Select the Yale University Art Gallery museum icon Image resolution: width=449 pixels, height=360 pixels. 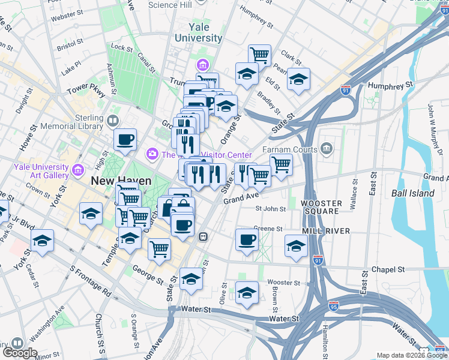click(77, 171)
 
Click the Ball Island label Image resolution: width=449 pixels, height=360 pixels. click(412, 193)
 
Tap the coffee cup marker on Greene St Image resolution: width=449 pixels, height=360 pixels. click(247, 240)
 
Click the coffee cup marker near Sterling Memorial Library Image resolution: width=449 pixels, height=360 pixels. click(125, 140)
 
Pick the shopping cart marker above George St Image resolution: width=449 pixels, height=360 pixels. click(159, 248)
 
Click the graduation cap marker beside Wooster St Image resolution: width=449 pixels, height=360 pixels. click(247, 293)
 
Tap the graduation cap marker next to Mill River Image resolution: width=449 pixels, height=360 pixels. click(296, 246)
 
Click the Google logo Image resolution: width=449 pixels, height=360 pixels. click(20, 352)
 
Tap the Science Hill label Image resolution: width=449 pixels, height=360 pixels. click(170, 5)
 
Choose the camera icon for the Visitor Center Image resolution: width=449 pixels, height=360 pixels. click(152, 155)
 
